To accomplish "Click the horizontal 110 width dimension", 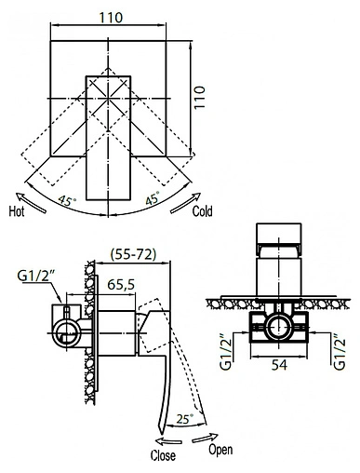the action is click(111, 18).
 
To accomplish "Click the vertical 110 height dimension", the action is click(200, 97).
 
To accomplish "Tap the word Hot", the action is click(17, 211).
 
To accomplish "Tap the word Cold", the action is click(202, 211).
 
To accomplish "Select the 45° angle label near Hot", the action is click(67, 200).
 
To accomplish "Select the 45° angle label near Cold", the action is click(153, 198).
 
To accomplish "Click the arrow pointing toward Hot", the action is click(31, 202).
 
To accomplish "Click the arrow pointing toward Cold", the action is click(186, 203).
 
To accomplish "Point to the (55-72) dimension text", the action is click(133, 254).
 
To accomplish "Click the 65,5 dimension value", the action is click(121, 284).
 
